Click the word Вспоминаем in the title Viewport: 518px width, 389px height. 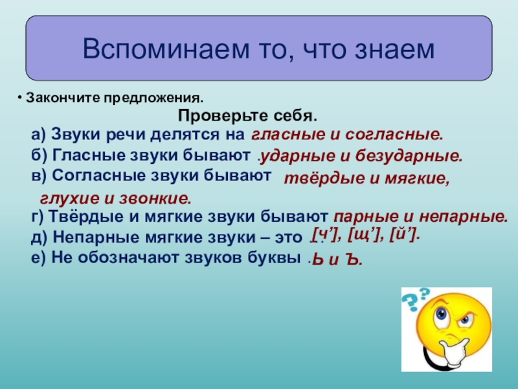coord(166,49)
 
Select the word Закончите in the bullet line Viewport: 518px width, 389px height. coord(63,98)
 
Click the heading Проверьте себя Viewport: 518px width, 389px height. coord(247,116)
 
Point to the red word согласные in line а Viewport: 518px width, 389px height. coord(394,135)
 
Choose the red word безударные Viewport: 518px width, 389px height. coord(409,156)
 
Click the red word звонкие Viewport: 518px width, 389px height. coord(155,198)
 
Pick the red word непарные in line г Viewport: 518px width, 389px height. coord(463,217)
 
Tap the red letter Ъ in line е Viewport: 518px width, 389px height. coord(354,260)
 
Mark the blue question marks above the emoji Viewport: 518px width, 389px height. coord(416,299)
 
